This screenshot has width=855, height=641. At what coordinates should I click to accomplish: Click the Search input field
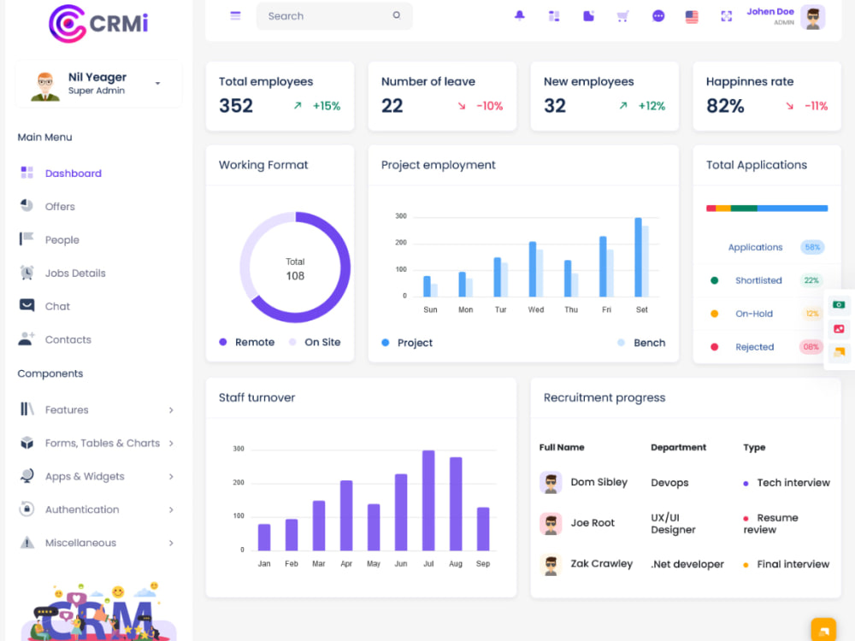[334, 15]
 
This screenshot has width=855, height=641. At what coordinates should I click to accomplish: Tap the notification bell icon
[520, 15]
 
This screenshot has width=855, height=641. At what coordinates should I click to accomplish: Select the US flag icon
[692, 16]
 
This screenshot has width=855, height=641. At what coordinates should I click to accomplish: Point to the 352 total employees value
[236, 106]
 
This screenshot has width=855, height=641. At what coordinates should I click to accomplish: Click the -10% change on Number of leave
[490, 106]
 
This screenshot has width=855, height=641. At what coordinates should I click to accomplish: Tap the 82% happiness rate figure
[725, 106]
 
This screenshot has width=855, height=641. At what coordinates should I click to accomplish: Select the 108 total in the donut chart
[295, 276]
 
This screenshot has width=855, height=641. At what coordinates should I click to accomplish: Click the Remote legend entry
[247, 343]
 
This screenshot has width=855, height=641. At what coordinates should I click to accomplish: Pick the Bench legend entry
[641, 343]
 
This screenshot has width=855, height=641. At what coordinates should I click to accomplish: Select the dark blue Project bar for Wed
[533, 268]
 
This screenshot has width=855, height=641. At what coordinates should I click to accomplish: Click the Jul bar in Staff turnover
[428, 500]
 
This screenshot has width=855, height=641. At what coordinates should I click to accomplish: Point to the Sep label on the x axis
[483, 563]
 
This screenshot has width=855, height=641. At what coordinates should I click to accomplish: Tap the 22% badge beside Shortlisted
[811, 280]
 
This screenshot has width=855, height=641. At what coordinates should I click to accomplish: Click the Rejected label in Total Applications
[755, 347]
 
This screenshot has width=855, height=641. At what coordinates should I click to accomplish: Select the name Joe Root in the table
[593, 523]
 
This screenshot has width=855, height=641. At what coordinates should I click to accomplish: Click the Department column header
[678, 448]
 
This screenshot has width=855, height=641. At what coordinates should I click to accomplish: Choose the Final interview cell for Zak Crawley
[787, 564]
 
